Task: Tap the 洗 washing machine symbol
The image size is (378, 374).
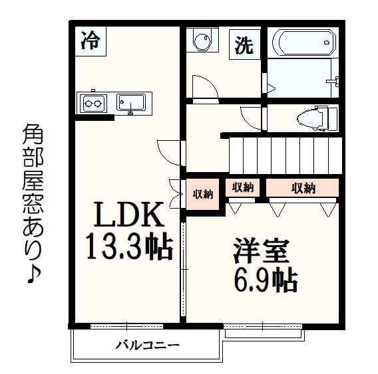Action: [244, 45]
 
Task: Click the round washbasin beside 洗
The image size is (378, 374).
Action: [200, 42]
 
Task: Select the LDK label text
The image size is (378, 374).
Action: [127, 216]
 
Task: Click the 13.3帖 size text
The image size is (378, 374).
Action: [127, 248]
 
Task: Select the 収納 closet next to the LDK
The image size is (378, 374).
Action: [202, 194]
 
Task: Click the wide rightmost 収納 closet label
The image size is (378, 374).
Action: [303, 188]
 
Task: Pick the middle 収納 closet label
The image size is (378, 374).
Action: [242, 188]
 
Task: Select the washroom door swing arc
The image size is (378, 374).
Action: [203, 88]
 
